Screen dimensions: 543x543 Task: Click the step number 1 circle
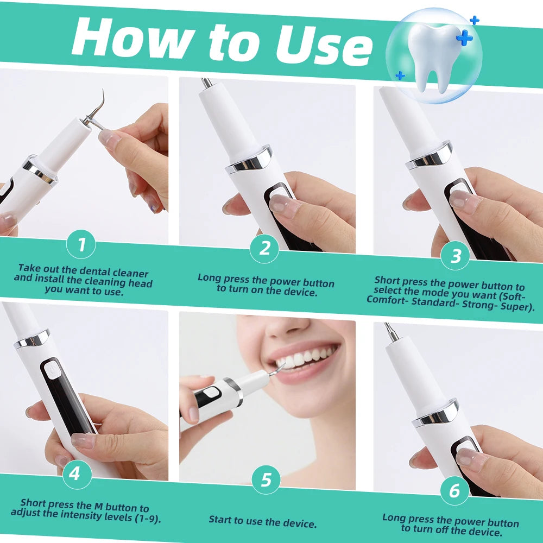click(81, 245)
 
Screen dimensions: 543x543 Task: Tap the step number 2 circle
click(264, 248)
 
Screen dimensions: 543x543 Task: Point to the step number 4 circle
click(74, 474)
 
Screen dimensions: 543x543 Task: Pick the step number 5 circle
click(266, 479)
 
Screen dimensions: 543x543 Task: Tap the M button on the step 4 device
click(53, 370)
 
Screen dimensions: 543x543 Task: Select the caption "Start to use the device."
click(263, 522)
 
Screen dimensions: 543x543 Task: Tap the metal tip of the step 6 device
click(390, 331)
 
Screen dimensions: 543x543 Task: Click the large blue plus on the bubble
click(464, 38)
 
